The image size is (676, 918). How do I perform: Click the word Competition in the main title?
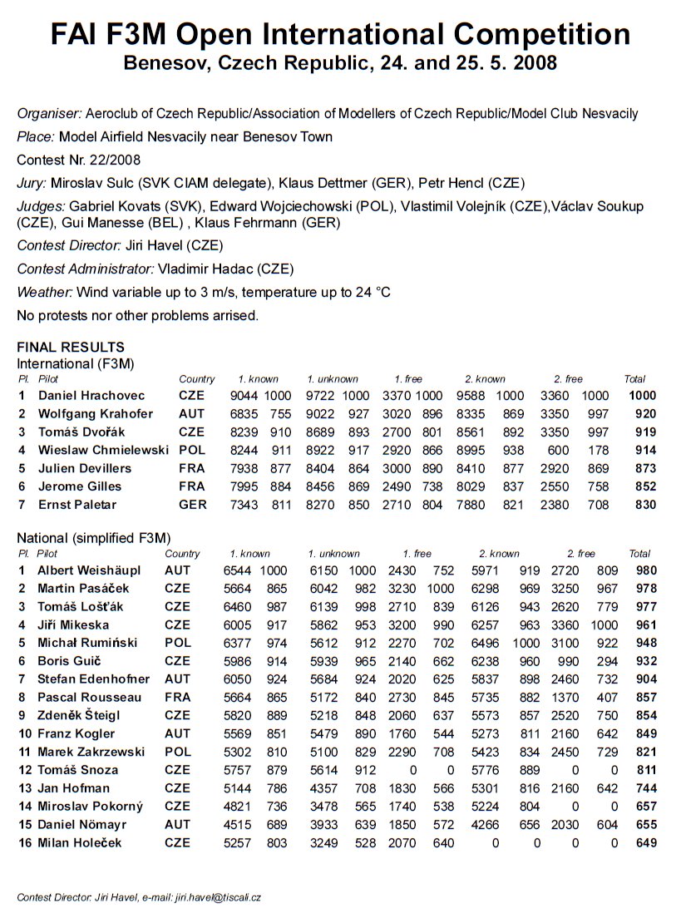[x=542, y=34]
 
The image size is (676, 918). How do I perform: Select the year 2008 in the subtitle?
[x=530, y=64]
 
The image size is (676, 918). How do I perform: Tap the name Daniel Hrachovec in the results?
[x=91, y=396]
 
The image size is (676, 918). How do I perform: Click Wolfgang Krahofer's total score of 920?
[x=643, y=414]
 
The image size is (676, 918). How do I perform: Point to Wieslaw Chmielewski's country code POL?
[x=192, y=451]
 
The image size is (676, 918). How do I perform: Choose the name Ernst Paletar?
[x=77, y=505]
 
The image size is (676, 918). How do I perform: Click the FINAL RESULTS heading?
[x=71, y=348]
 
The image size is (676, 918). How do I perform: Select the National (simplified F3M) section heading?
[x=99, y=538]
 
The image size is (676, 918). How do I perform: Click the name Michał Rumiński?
[x=87, y=643]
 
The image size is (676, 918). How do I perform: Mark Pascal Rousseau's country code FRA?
[x=178, y=697]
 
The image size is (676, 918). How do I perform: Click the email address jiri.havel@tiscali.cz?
[x=218, y=897]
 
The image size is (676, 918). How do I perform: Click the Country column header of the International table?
[x=196, y=379]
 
